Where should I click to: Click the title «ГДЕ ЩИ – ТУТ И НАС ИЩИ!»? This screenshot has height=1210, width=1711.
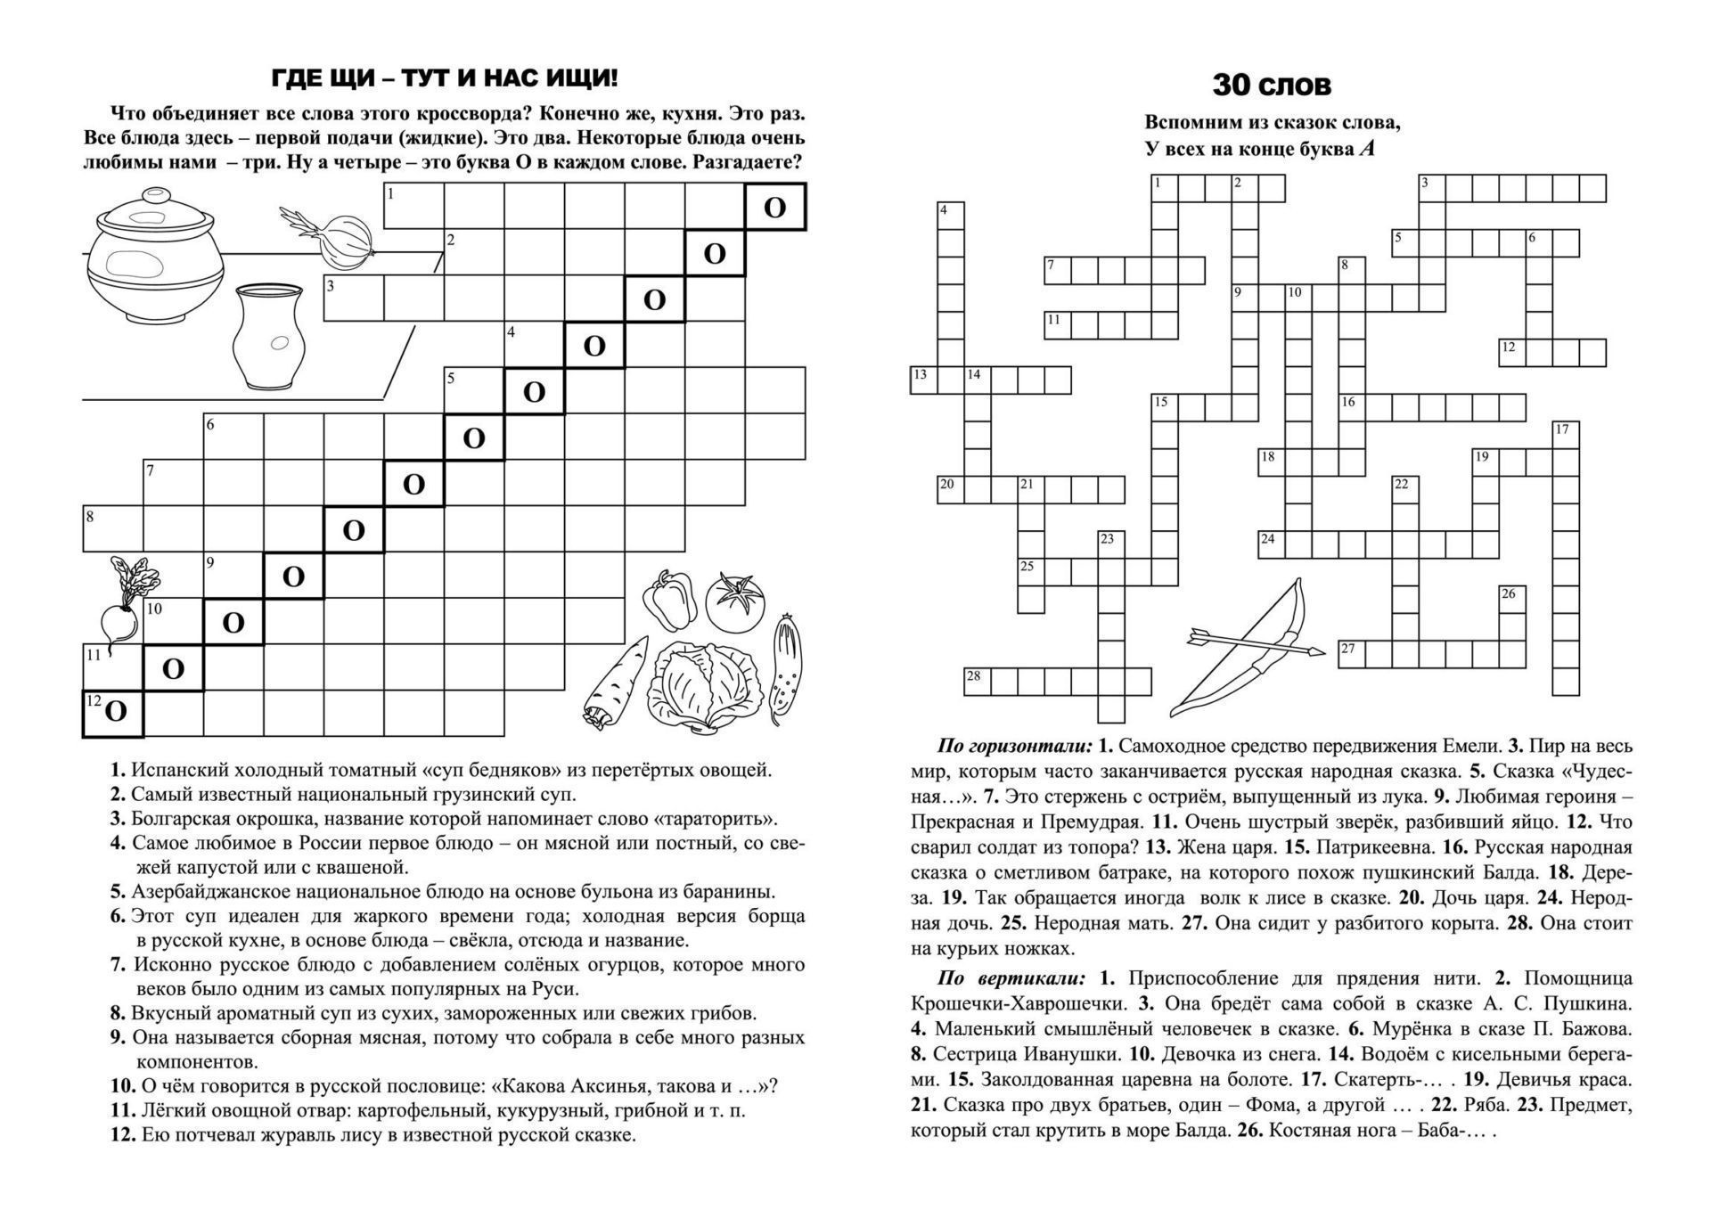coord(444,78)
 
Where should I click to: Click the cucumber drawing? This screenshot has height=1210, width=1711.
coord(785,664)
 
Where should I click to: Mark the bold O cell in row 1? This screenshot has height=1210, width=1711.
coord(775,208)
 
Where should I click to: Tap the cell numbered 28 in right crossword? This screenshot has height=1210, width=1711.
coord(977,682)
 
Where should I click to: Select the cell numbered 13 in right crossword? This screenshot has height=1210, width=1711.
coord(923,380)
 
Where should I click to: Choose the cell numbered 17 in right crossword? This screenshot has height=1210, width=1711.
coord(1565,435)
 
